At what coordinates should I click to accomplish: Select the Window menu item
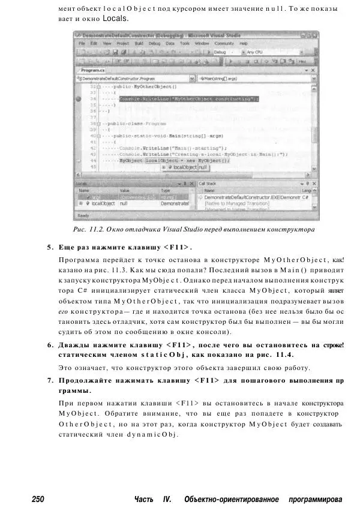(202, 44)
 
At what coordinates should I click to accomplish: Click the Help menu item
(243, 44)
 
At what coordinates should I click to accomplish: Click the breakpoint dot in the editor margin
(79, 98)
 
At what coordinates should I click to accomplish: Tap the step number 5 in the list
(49, 247)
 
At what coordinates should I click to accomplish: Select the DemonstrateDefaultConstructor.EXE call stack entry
(252, 197)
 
